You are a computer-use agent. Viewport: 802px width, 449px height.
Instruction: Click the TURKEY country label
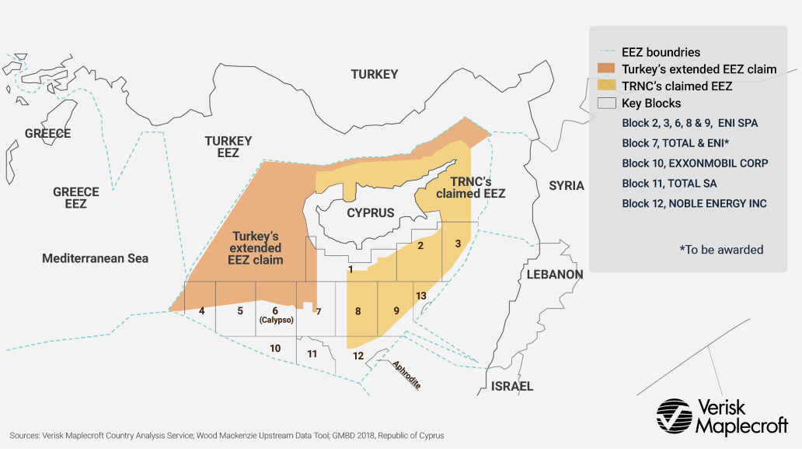coord(374,75)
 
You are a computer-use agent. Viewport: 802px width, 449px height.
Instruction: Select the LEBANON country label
coord(554,275)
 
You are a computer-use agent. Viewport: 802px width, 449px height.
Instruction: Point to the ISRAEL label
coord(512,386)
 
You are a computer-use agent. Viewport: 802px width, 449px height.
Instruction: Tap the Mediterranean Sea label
coord(95,258)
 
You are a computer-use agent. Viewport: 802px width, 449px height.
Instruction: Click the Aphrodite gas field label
coord(406,375)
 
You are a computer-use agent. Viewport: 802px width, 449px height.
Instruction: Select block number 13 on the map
coord(420,296)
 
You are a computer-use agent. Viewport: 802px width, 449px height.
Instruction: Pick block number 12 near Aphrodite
coord(357,356)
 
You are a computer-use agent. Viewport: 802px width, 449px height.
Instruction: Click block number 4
coord(201,310)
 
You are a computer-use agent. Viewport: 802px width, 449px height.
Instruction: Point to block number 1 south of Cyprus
coord(351,269)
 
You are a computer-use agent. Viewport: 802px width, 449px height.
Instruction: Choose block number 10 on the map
coord(275,348)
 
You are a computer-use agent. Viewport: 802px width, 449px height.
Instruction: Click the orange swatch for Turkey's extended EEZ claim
coord(606,69)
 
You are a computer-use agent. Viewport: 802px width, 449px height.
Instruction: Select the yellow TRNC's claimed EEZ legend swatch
coord(606,86)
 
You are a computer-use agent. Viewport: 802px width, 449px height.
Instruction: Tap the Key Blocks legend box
coord(606,103)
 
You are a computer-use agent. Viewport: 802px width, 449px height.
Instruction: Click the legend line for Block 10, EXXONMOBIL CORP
coord(695,163)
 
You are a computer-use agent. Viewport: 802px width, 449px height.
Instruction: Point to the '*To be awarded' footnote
coord(721,250)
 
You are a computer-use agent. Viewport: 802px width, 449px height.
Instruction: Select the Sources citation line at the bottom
coord(227,436)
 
